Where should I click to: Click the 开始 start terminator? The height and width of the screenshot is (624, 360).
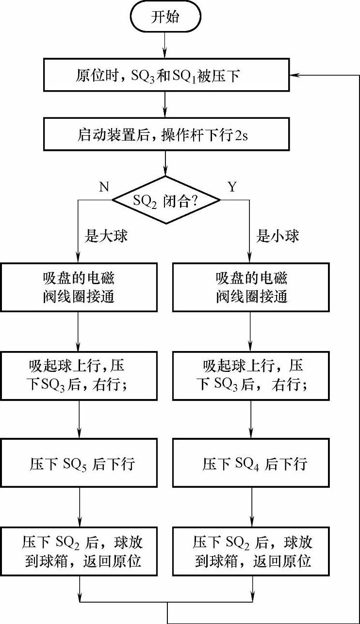coord(165,17)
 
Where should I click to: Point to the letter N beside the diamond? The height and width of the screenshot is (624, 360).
coord(103,187)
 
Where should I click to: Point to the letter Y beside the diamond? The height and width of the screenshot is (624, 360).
coord(231,187)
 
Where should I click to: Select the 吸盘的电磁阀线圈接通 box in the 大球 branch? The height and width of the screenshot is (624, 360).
coord(79,287)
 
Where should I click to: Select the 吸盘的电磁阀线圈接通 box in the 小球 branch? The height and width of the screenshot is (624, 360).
coord(251,287)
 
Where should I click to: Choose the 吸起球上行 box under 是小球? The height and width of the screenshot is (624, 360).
coord(251,376)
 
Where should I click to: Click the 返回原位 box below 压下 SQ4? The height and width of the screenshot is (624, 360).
coord(251,551)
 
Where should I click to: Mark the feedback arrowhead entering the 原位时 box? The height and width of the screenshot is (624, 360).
coord(294,76)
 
